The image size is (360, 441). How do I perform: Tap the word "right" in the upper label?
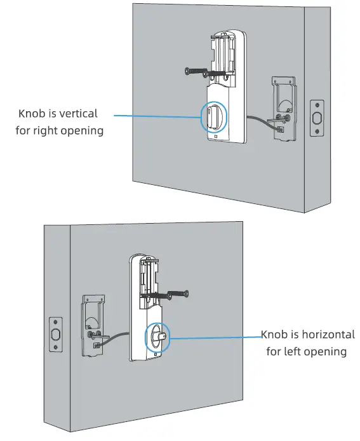[x=44, y=132]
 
